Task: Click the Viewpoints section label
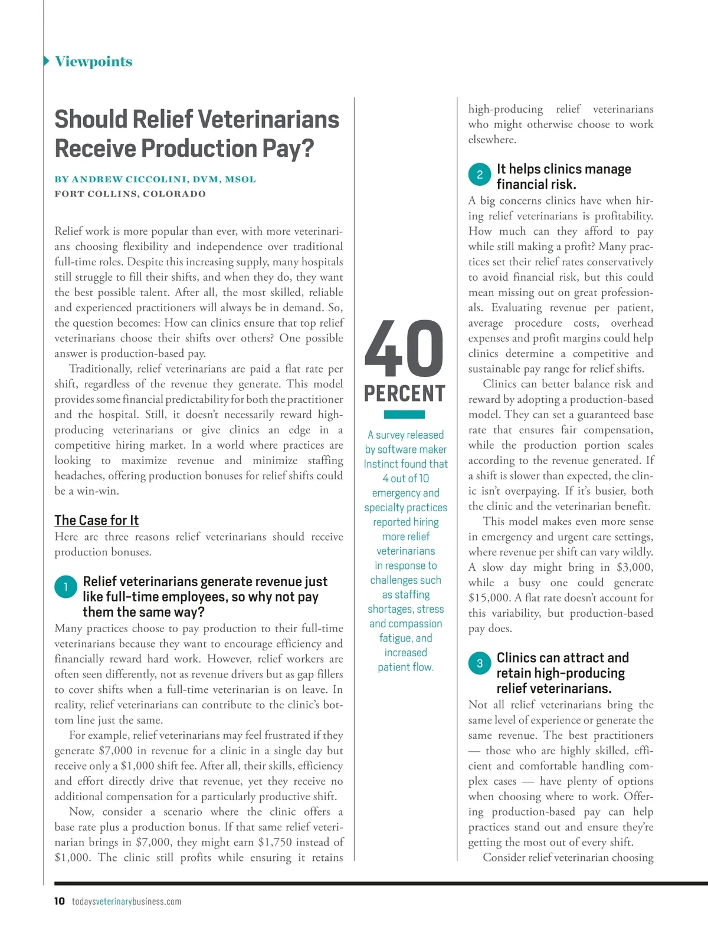(x=93, y=61)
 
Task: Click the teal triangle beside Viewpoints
(x=47, y=61)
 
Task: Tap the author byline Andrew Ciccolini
(x=155, y=179)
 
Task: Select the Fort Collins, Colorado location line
(x=130, y=194)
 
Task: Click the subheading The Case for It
(x=96, y=520)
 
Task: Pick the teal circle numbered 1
(x=65, y=587)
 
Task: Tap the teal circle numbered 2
(x=480, y=174)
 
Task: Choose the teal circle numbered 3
(x=480, y=663)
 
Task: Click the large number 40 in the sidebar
(x=404, y=349)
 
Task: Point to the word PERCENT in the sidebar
(x=404, y=393)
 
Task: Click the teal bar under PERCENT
(x=404, y=415)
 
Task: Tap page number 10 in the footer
(x=60, y=901)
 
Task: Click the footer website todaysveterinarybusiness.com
(x=126, y=902)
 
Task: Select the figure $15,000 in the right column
(x=489, y=598)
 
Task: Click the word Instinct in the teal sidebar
(x=381, y=464)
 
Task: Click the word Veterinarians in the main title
(x=269, y=119)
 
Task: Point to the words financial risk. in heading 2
(x=536, y=185)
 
